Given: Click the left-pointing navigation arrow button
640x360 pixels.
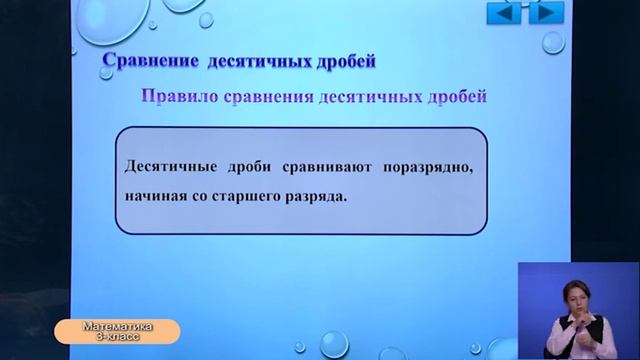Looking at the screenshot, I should click(x=505, y=14).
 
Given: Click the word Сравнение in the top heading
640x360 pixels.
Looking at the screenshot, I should click(x=151, y=62).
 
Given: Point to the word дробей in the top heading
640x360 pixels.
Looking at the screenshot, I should click(x=346, y=62).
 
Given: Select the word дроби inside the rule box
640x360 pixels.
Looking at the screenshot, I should click(x=243, y=165).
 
